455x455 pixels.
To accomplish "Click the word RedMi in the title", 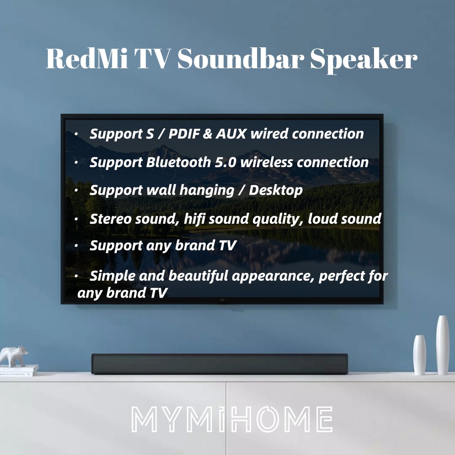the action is [87, 58].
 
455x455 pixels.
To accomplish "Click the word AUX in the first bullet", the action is [231, 134].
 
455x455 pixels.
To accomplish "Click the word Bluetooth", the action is [178, 162].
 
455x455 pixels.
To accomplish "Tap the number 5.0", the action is [226, 162].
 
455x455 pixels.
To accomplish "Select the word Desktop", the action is [276, 191].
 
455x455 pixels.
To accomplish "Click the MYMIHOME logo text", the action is [232, 419].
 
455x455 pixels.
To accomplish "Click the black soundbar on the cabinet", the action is [219, 364].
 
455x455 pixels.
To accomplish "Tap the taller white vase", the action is [443, 345].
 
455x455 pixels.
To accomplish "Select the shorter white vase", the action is [420, 354].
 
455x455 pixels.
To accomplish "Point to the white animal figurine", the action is [14, 356].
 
